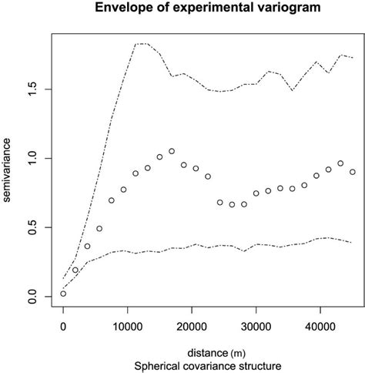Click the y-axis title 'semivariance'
(x=8, y=176)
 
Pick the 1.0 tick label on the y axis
(x=32, y=158)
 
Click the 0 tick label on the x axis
(x=63, y=327)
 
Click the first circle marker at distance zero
(x=63, y=294)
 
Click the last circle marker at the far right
(x=353, y=172)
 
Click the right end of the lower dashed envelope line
(x=353, y=243)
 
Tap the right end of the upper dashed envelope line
(x=353, y=58)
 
